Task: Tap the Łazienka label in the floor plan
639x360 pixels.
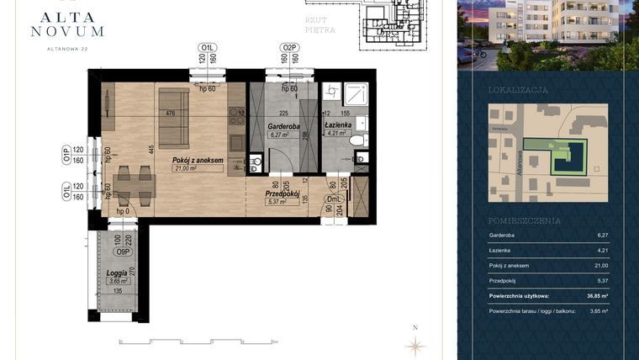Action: (x=337, y=124)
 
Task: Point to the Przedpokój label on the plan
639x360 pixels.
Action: (x=277, y=193)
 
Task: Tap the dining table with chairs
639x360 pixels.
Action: (x=135, y=184)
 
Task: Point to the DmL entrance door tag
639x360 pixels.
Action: (x=335, y=199)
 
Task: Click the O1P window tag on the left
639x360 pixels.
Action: (x=66, y=153)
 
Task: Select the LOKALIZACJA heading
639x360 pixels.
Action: (x=518, y=89)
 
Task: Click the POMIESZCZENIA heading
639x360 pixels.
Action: (x=522, y=220)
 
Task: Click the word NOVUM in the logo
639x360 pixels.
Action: (x=66, y=31)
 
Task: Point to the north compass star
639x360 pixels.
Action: (x=415, y=343)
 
